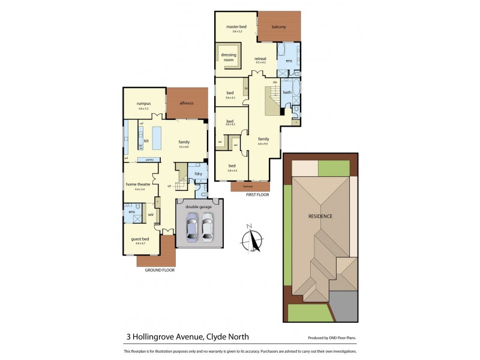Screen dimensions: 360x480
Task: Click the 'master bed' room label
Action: tap(236, 27)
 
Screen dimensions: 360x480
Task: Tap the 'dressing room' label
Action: tap(229, 57)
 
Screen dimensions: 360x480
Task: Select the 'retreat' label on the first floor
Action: tap(260, 58)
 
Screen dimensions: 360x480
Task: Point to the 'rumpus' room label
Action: tap(142, 104)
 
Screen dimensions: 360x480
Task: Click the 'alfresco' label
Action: tap(186, 103)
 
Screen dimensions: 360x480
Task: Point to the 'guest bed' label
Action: tap(140, 239)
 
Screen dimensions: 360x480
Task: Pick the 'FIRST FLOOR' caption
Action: tap(256, 195)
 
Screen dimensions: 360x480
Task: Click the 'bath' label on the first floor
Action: tap(287, 92)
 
